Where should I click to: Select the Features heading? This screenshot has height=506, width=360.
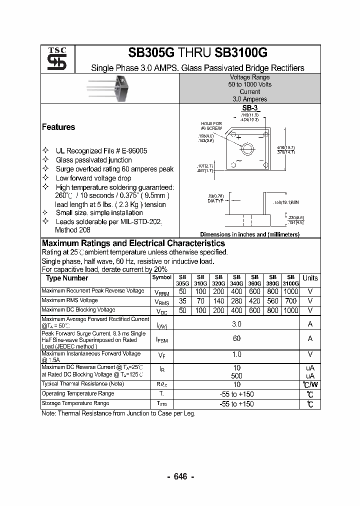[x=58, y=127]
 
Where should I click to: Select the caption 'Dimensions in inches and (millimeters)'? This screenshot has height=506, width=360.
[x=249, y=234]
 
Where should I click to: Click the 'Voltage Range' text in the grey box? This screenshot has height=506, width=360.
[x=249, y=77]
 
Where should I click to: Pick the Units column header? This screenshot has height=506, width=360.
[x=310, y=278]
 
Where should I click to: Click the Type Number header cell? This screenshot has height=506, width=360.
[x=67, y=278]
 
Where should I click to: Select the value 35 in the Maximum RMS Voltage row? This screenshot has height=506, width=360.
[x=183, y=301]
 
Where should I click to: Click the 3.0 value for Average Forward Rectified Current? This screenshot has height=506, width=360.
[x=236, y=324]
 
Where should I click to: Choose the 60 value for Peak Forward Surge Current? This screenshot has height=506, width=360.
[x=236, y=338]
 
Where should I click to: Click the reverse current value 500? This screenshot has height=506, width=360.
[x=236, y=375]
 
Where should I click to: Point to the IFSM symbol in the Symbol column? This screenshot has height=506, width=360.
[x=161, y=339]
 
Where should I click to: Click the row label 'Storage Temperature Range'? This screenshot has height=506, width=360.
[x=75, y=403]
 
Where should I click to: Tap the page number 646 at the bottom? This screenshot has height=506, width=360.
[x=180, y=476]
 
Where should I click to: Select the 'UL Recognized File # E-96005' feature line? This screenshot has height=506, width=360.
[x=101, y=150]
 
